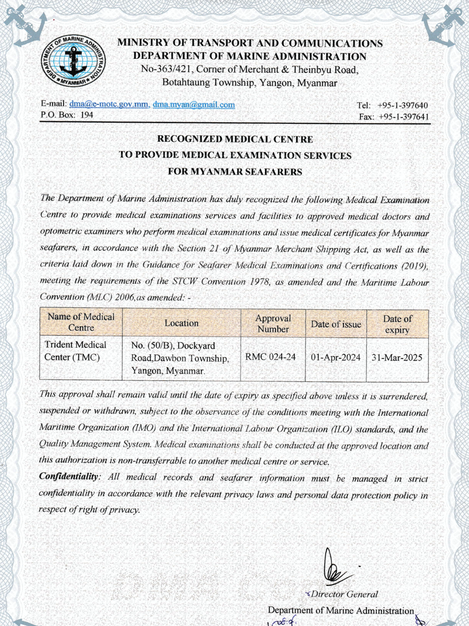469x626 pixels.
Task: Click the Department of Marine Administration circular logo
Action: (73, 61)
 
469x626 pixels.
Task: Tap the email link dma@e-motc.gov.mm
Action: (109, 104)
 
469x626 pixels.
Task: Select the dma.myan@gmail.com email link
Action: (194, 104)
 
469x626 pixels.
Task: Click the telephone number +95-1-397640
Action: (402, 106)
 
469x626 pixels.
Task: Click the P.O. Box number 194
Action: (87, 115)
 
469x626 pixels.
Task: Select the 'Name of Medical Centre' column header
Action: (81, 322)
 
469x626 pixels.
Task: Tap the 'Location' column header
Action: (181, 323)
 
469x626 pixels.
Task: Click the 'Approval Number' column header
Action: (273, 323)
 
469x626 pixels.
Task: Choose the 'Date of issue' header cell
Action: (336, 324)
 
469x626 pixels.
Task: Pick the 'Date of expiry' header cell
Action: (397, 324)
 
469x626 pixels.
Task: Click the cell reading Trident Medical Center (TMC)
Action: (75, 351)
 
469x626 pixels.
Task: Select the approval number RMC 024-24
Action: (271, 357)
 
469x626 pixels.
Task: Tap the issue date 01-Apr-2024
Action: (336, 357)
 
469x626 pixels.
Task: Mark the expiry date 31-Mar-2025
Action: (397, 357)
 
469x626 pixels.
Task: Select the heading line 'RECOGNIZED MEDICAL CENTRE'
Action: (235, 139)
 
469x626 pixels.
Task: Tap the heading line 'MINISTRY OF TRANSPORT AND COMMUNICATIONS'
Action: (250, 43)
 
